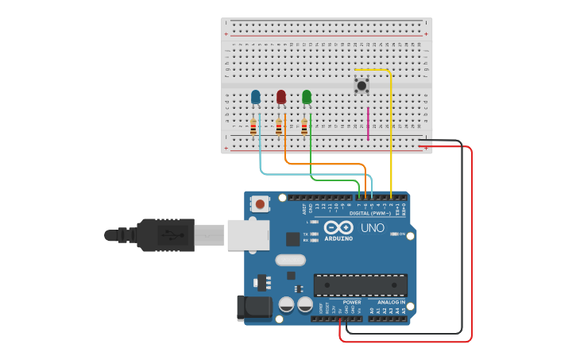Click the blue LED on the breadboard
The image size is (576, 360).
point(255,97)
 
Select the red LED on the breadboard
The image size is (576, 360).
point(280,97)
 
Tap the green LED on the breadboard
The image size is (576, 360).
point(307,97)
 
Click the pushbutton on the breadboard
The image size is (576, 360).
point(361,84)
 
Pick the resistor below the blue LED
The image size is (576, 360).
point(253,126)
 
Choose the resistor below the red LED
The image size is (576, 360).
point(279,126)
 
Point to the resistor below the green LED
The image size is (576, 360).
point(304,126)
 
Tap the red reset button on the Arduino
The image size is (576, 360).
point(260,204)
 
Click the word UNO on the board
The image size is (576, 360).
point(373,228)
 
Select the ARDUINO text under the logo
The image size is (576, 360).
point(338,238)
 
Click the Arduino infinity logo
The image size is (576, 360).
point(338,226)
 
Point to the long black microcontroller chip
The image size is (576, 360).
point(361,285)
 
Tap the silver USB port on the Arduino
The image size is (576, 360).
point(248,235)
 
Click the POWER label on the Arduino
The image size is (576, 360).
point(352,302)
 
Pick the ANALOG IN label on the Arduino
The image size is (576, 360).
point(391,302)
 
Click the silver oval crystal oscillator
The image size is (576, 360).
point(290,260)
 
